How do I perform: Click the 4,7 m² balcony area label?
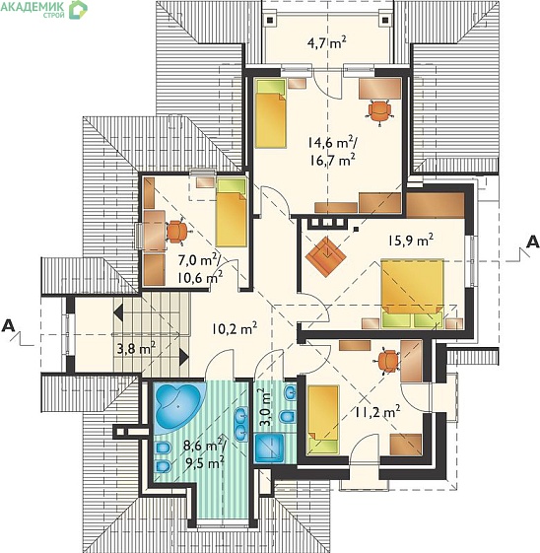tap(327, 43)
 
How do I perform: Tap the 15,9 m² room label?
tap(411, 241)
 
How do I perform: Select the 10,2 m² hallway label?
tap(235, 329)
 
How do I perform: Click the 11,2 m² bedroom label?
tap(377, 411)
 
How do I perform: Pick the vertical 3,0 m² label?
tap(268, 407)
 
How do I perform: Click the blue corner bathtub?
tap(179, 406)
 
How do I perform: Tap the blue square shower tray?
tap(269, 448)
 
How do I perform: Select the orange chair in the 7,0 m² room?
tap(177, 231)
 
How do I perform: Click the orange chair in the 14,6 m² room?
tap(379, 112)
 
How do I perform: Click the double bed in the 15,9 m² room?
tap(412, 293)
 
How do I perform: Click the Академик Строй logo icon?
tap(78, 10)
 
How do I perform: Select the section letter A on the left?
tap(8, 326)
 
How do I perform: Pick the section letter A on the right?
tap(532, 242)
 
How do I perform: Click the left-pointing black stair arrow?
tap(118, 312)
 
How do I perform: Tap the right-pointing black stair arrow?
tap(184, 357)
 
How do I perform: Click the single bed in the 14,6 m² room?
tap(270, 113)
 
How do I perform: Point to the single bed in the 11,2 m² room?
tap(323, 420)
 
